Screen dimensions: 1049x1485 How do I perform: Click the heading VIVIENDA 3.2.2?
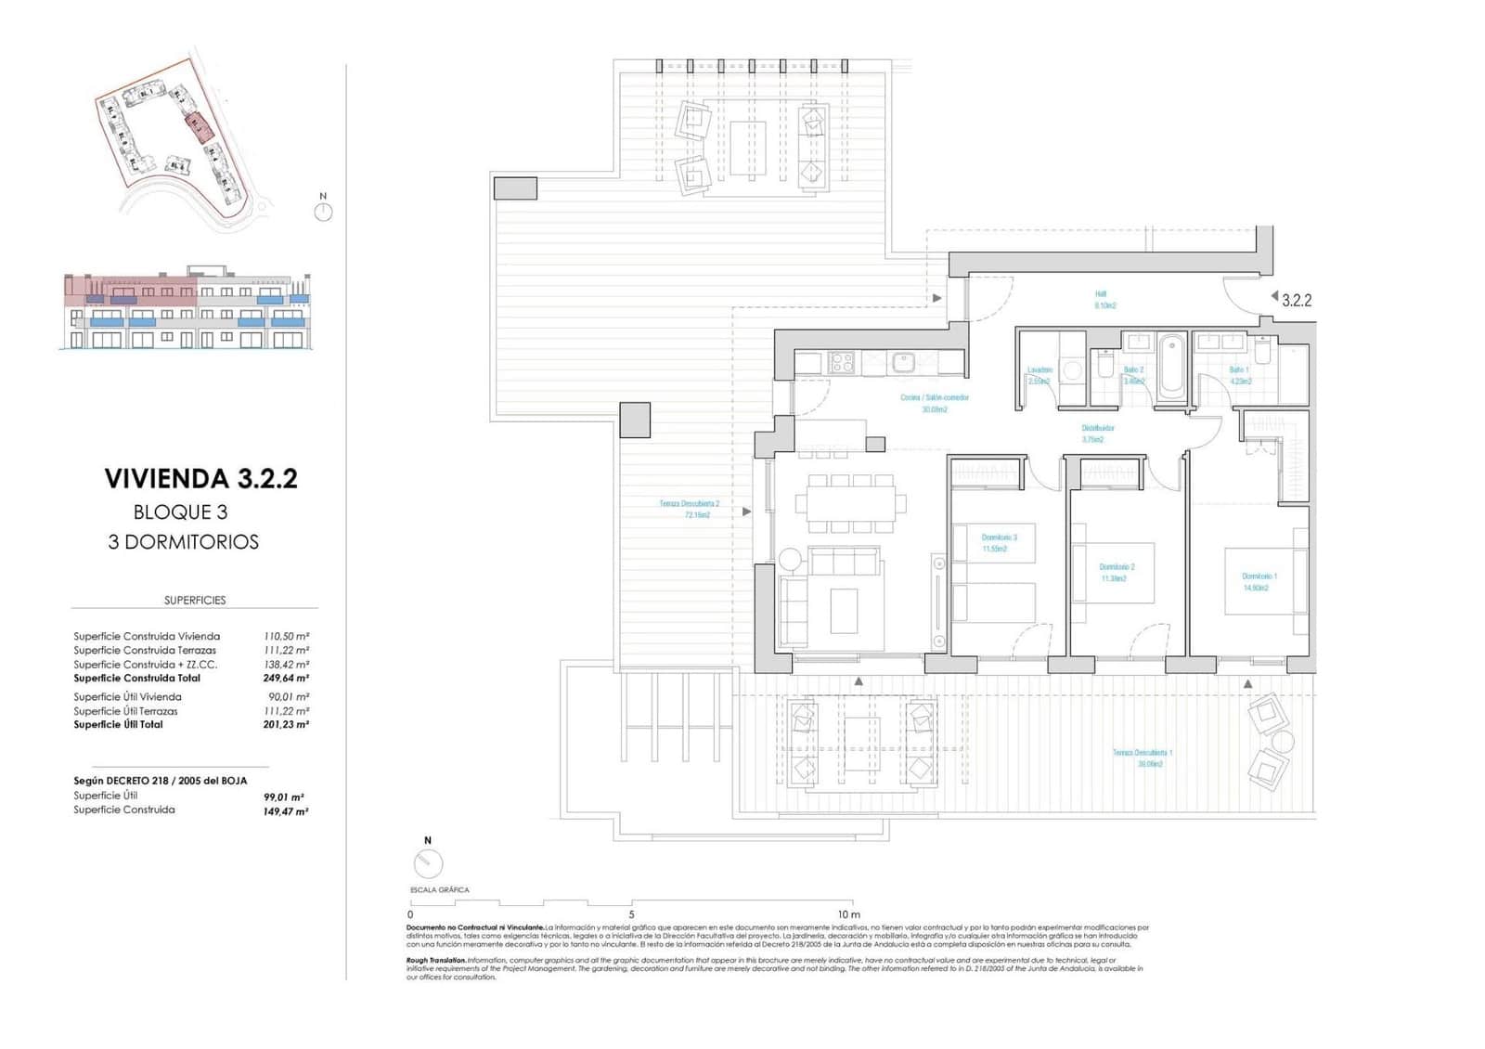tap(200, 479)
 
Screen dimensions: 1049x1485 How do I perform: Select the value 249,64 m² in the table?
tap(285, 679)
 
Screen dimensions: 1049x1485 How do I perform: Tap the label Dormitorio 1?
tap(1259, 576)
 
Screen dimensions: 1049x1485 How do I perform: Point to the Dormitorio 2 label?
tap(1117, 567)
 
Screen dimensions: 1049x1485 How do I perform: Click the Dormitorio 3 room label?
tap(999, 537)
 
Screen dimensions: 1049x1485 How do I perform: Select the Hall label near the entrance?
tap(1101, 294)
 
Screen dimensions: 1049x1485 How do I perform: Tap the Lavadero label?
tap(1039, 370)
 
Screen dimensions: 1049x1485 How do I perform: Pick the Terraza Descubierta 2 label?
tap(689, 504)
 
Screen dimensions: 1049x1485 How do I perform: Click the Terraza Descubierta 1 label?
tap(1143, 753)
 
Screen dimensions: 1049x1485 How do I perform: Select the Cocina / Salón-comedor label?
tap(934, 397)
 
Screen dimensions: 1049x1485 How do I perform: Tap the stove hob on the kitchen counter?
tap(841, 362)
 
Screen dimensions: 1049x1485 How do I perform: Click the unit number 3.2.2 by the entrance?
tap(1296, 300)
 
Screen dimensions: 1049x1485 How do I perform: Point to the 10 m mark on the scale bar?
tap(847, 914)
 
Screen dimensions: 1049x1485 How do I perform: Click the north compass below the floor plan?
tap(428, 863)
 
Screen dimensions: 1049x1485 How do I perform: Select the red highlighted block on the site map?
tap(197, 124)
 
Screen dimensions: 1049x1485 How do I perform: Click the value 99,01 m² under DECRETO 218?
tap(284, 796)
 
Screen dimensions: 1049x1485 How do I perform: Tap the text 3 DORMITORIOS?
tap(183, 542)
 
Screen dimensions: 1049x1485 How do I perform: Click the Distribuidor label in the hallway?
tap(1097, 428)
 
